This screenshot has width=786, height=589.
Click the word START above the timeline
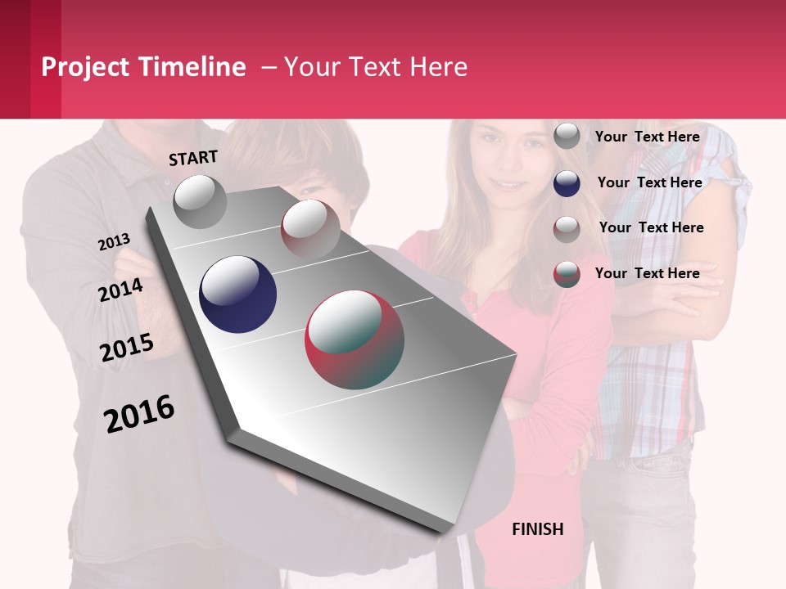[x=193, y=158]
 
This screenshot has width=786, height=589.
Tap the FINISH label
[x=537, y=529]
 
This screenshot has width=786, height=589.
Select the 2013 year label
[x=114, y=242]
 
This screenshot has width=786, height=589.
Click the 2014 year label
[x=120, y=290]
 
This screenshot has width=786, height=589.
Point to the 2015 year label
[x=126, y=348]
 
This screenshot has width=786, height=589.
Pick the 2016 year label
[x=139, y=414]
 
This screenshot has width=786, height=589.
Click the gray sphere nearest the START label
[x=200, y=201]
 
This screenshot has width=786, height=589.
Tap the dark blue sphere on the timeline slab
[x=237, y=294]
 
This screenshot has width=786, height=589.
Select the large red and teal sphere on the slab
[x=355, y=339]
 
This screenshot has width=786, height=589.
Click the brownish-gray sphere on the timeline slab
[x=310, y=228]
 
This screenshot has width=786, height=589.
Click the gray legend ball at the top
[x=567, y=136]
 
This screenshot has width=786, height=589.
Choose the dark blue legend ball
[x=567, y=182]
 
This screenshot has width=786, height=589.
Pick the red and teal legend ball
[x=567, y=274]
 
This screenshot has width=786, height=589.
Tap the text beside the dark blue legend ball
[x=649, y=182]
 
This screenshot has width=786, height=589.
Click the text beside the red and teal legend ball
[x=647, y=273]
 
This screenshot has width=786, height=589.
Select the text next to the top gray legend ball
[x=647, y=137]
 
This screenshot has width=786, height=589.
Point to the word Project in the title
[x=86, y=67]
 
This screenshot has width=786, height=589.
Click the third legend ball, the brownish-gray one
[x=567, y=229]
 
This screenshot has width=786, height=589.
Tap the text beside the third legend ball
[x=651, y=227]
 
